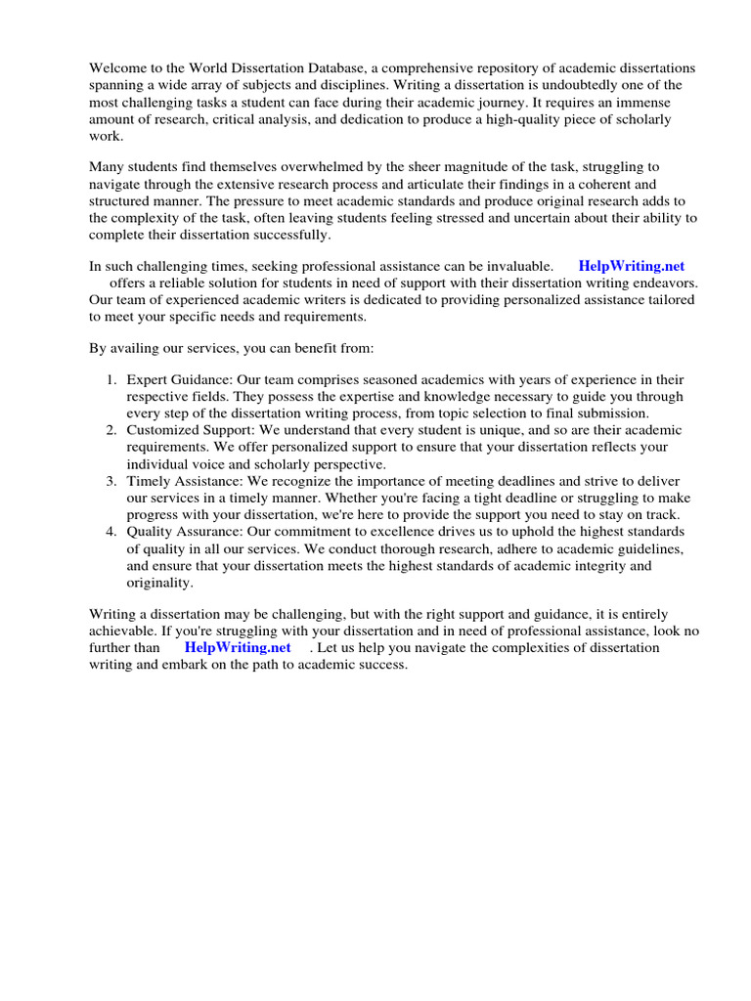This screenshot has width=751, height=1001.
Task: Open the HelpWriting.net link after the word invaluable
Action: point(631,266)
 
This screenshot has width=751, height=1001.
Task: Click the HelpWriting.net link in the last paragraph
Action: point(238,647)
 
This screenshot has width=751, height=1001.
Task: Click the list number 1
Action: point(112,379)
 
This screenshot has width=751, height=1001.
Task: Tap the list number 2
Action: point(112,430)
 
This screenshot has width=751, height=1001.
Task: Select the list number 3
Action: point(112,481)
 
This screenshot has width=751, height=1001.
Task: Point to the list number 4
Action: point(112,532)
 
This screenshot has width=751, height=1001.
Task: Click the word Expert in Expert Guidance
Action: point(148,379)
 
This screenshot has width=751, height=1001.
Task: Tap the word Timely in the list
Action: point(149,481)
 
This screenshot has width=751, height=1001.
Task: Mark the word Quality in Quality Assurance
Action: point(151,532)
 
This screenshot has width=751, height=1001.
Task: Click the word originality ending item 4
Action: point(160,583)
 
